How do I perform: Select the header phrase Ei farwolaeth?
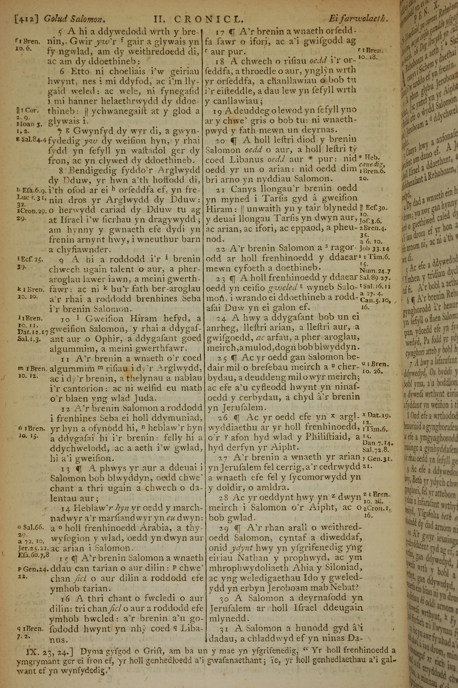point(358,19)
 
